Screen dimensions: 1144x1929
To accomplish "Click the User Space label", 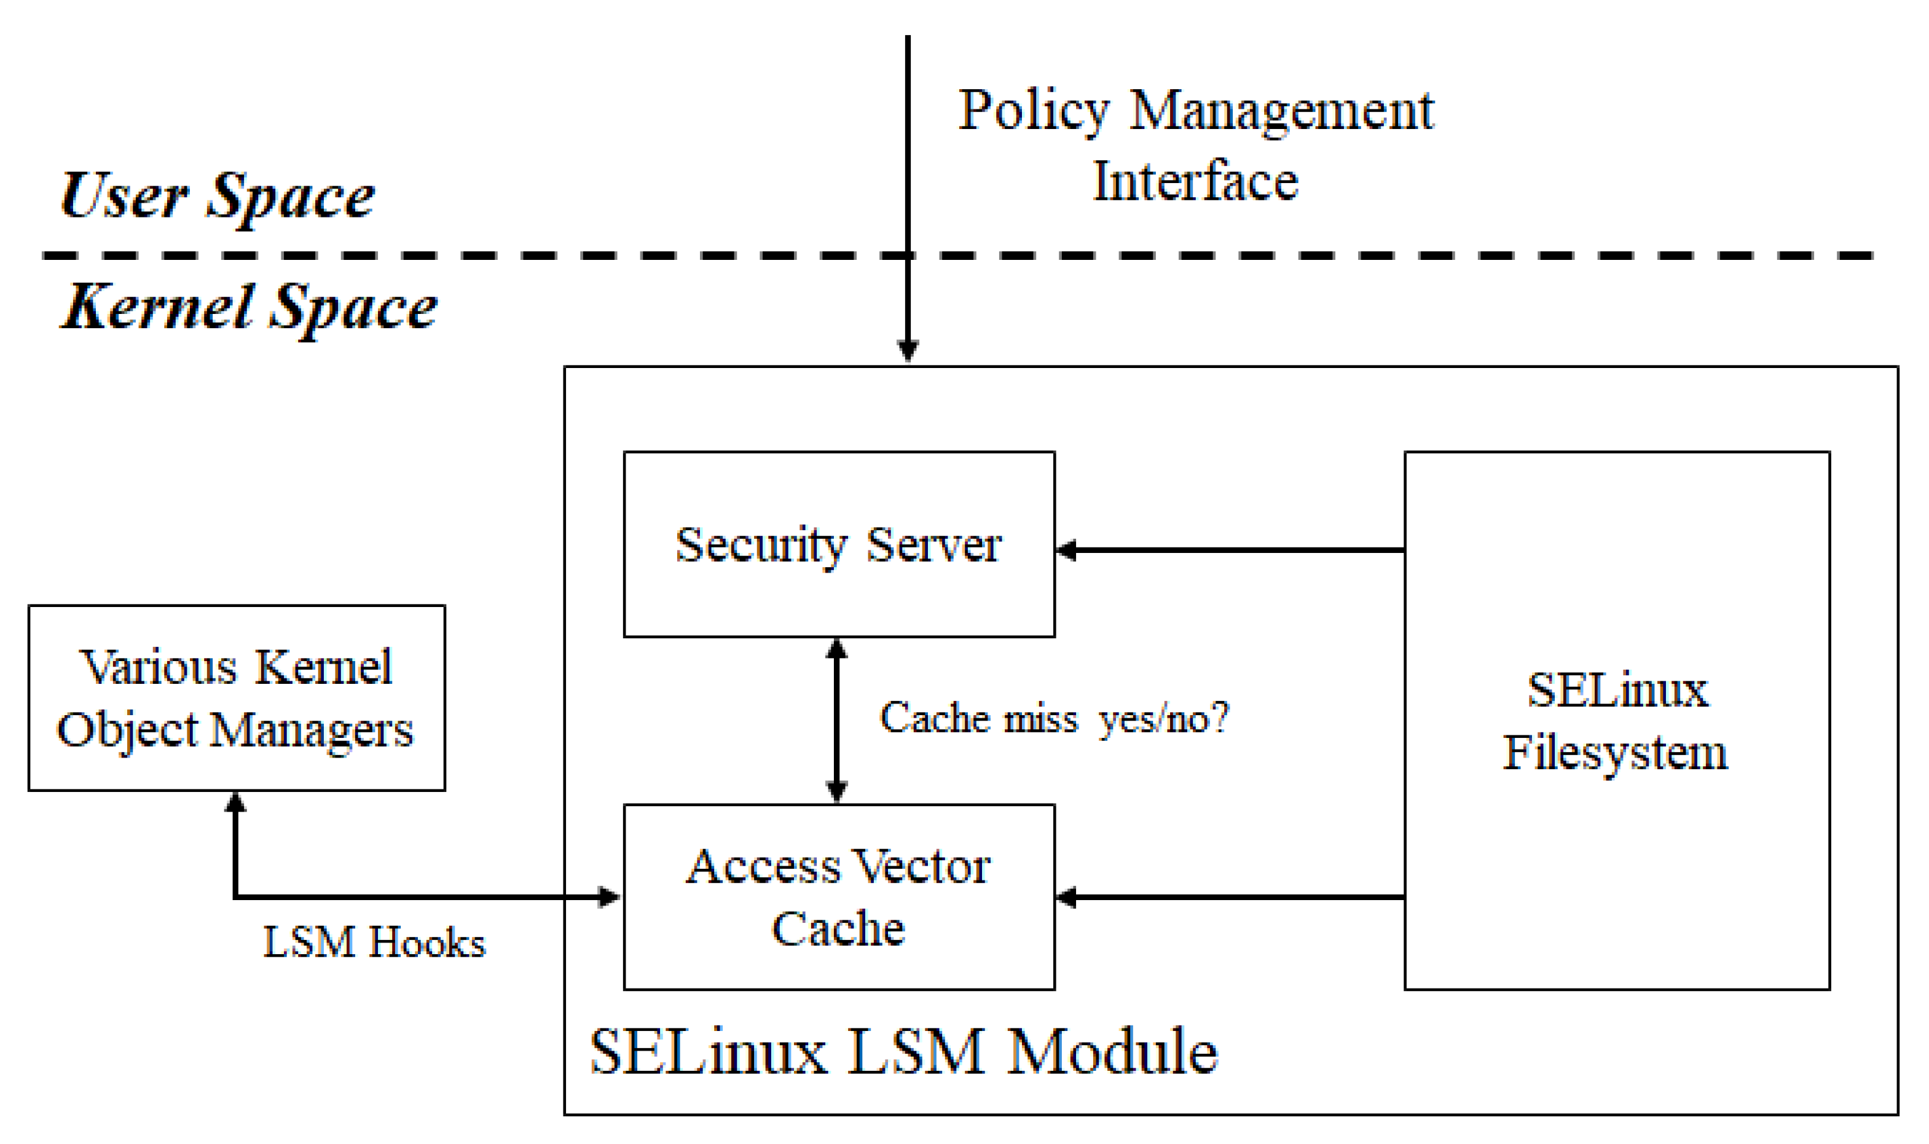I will pos(218,197).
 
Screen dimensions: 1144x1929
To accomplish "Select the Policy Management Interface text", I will pos(1195,145).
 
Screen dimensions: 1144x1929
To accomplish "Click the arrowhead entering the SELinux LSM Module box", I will pos(908,351).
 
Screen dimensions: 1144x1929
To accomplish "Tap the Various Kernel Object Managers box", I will pos(236,698).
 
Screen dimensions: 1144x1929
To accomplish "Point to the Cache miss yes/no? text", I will pos(1054,718).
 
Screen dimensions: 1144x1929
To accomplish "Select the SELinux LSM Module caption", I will pos(903,1052).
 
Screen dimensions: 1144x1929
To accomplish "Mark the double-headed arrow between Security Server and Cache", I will pos(836,721).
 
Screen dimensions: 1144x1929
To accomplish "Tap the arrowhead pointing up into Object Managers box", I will pos(235,803).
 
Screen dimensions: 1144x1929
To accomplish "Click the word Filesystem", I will pos(1615,753).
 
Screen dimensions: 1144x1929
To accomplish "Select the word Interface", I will pos(1195,182).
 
